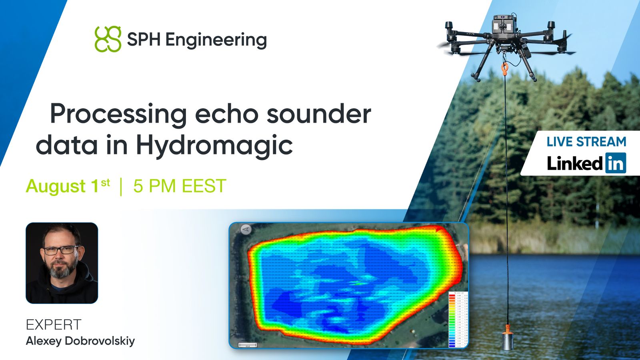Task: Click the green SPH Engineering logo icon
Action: tap(108, 39)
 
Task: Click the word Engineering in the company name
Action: tap(216, 40)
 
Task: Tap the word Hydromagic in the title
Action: tap(214, 145)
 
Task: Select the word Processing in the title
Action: tap(118, 114)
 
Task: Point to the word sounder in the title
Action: tap(319, 114)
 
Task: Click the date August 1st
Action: tap(68, 186)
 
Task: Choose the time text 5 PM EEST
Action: tap(180, 186)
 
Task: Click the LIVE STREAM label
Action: tap(586, 142)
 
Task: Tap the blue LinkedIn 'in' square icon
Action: tap(616, 163)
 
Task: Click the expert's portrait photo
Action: tap(62, 263)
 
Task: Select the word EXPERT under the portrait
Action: tap(54, 324)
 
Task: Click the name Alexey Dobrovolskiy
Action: tap(80, 341)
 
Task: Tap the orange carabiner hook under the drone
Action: tap(505, 68)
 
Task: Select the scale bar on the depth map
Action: tap(248, 345)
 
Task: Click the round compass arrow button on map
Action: tap(246, 230)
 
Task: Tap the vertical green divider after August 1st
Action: tap(121, 187)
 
